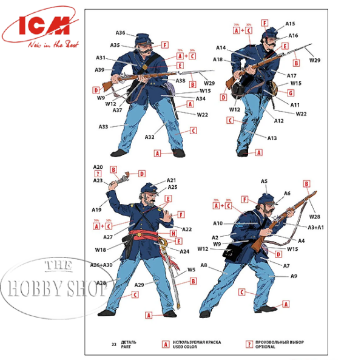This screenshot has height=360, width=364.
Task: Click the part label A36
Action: pos(120,33)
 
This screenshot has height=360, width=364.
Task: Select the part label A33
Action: pos(104,127)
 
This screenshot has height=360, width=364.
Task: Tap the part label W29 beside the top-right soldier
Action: pos(315,60)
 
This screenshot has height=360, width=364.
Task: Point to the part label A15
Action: pos(292,24)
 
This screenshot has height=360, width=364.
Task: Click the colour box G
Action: pos(291,93)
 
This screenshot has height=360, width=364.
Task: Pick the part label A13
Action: pos(272,138)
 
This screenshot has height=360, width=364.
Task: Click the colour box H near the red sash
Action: pos(174,233)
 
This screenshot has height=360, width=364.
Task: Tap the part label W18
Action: pos(100,250)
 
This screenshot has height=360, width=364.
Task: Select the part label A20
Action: pos(98,167)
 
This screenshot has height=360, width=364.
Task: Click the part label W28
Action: pos(314,216)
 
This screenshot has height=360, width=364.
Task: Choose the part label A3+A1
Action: pos(316,227)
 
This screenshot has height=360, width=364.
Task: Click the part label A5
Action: pos(265,182)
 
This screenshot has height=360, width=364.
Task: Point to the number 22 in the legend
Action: pos(113,344)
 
